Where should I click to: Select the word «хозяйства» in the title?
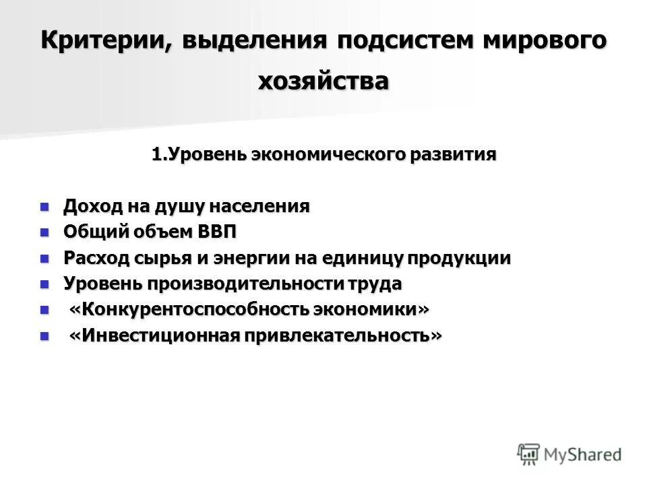click(x=323, y=81)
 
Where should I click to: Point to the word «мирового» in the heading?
click(x=543, y=40)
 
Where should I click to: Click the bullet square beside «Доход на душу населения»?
click(x=45, y=206)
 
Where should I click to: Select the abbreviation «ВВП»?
click(x=216, y=232)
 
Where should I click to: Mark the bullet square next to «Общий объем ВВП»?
click(x=45, y=232)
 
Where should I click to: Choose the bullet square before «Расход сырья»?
click(x=45, y=258)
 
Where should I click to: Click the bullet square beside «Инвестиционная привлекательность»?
click(x=45, y=335)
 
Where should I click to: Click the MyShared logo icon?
click(x=529, y=453)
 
